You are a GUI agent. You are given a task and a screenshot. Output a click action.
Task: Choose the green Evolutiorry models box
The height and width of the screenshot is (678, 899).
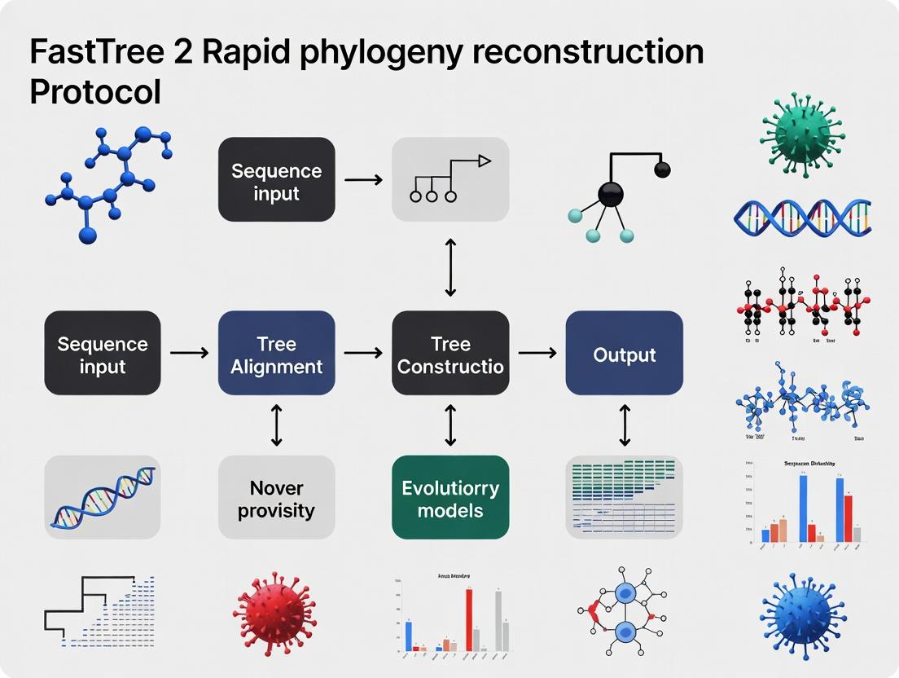450,498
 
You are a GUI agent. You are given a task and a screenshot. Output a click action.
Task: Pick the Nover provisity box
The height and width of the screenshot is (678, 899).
276,498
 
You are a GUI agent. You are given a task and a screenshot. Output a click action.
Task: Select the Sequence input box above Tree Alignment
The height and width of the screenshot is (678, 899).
276,179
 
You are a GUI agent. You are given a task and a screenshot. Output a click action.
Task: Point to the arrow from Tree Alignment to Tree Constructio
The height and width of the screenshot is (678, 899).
363,353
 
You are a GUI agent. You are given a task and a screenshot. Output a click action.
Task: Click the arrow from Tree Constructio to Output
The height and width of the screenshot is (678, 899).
537,353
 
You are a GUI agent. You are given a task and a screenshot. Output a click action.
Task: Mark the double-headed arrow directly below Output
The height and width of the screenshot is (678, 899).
625,425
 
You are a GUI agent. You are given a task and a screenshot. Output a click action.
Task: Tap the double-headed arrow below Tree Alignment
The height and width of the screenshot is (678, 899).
276,425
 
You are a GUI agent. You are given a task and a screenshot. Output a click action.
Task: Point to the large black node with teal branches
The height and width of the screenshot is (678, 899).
610,194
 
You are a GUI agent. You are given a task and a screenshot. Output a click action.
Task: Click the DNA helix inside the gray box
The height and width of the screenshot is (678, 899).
103,498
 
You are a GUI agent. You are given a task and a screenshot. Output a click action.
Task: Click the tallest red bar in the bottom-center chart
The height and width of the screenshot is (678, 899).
469,619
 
